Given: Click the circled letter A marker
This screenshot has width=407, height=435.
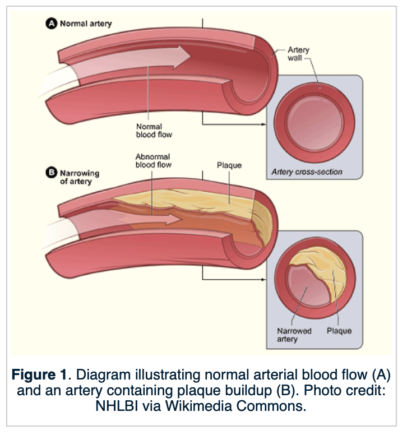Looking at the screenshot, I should click(52, 24).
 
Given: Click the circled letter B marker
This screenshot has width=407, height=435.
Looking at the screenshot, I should click(52, 173).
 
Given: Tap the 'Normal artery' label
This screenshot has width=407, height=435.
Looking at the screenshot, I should click(86, 24).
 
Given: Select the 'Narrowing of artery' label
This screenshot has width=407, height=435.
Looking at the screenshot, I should click(79, 177).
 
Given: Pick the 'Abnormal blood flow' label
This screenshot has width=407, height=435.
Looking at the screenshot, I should click(153, 161).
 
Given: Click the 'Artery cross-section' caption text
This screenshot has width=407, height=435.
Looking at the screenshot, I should click(307, 172).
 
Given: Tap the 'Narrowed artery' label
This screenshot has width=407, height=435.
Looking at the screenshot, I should click(294, 335).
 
